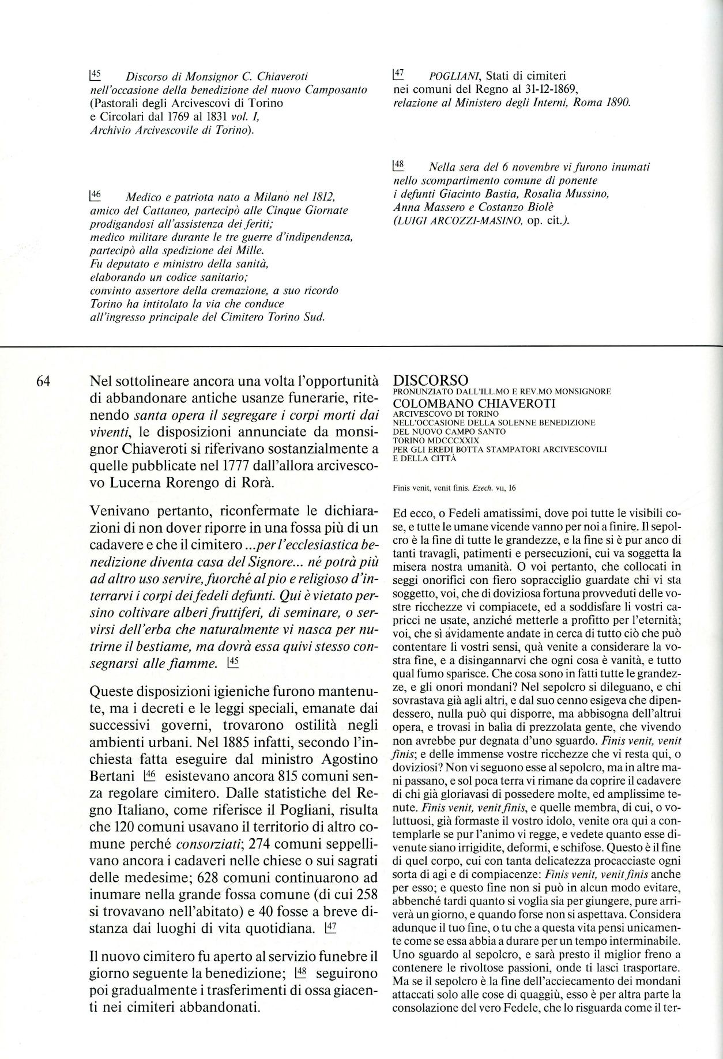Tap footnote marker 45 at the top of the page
[x=95, y=74]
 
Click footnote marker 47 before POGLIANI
[x=398, y=74]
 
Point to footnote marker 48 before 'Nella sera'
[x=398, y=165]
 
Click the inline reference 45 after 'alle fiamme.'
[x=234, y=663]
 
